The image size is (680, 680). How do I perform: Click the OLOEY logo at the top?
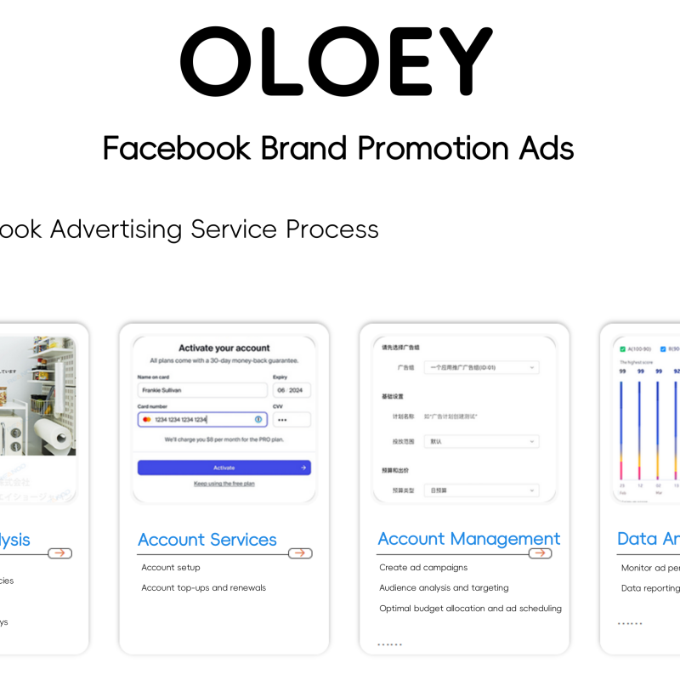pos(337,61)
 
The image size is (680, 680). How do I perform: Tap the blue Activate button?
pos(224,467)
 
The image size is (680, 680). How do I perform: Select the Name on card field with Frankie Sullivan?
pos(202,390)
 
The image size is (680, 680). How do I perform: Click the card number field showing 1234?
pos(202,419)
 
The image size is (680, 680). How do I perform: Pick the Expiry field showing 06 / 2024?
pos(292,390)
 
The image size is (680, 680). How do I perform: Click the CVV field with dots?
pos(292,419)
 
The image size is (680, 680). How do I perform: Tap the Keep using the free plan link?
pos(224,484)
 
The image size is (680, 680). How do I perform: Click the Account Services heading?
pos(207,540)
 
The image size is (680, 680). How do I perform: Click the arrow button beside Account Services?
pos(299,553)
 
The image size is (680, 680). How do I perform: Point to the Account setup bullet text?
pos(170,567)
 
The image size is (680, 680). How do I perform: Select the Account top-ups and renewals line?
pos(203,587)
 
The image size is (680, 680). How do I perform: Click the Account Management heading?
pos(469,539)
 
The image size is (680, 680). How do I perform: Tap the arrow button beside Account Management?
pos(540,553)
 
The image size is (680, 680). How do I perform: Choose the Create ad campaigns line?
pos(423,567)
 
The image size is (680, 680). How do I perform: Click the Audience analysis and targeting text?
pos(444,587)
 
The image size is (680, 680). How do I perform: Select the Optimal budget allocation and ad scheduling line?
pos(470,608)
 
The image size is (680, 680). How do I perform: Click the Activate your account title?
pos(224,348)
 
